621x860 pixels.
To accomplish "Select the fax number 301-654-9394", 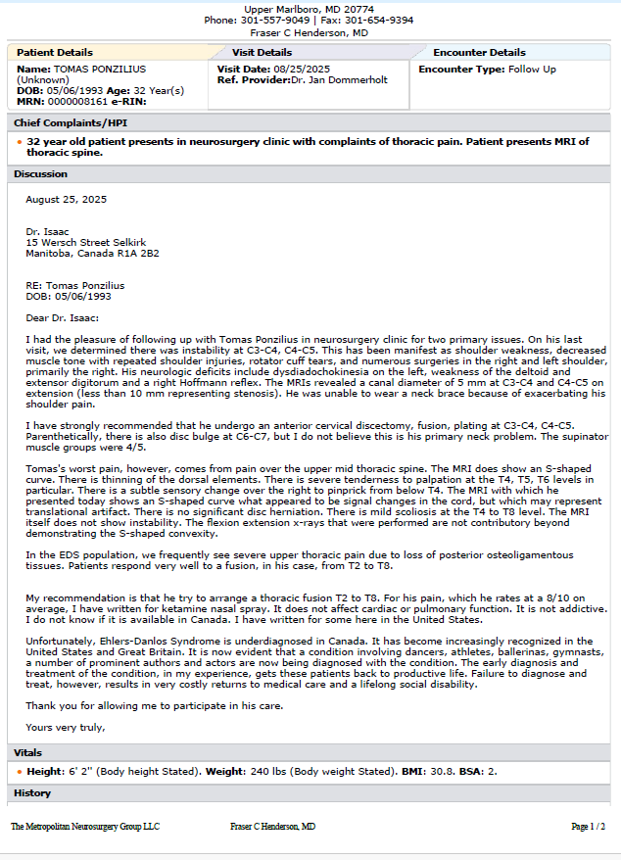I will pyautogui.click(x=380, y=20).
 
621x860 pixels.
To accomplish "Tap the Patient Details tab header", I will pyautogui.click(x=55, y=53).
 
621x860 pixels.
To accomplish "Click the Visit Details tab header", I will pyautogui.click(x=262, y=53).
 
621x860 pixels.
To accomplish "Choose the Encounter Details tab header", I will pyautogui.click(x=479, y=53).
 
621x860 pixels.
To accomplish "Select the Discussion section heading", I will pyautogui.click(x=41, y=174).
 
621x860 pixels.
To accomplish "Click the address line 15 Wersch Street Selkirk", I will pyautogui.click(x=86, y=242).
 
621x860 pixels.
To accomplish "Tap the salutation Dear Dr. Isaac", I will pyautogui.click(x=63, y=316).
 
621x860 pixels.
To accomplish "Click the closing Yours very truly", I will pyautogui.click(x=65, y=728).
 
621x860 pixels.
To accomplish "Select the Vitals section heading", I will pyautogui.click(x=27, y=753).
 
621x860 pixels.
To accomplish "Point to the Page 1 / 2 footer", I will pyautogui.click(x=588, y=827).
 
